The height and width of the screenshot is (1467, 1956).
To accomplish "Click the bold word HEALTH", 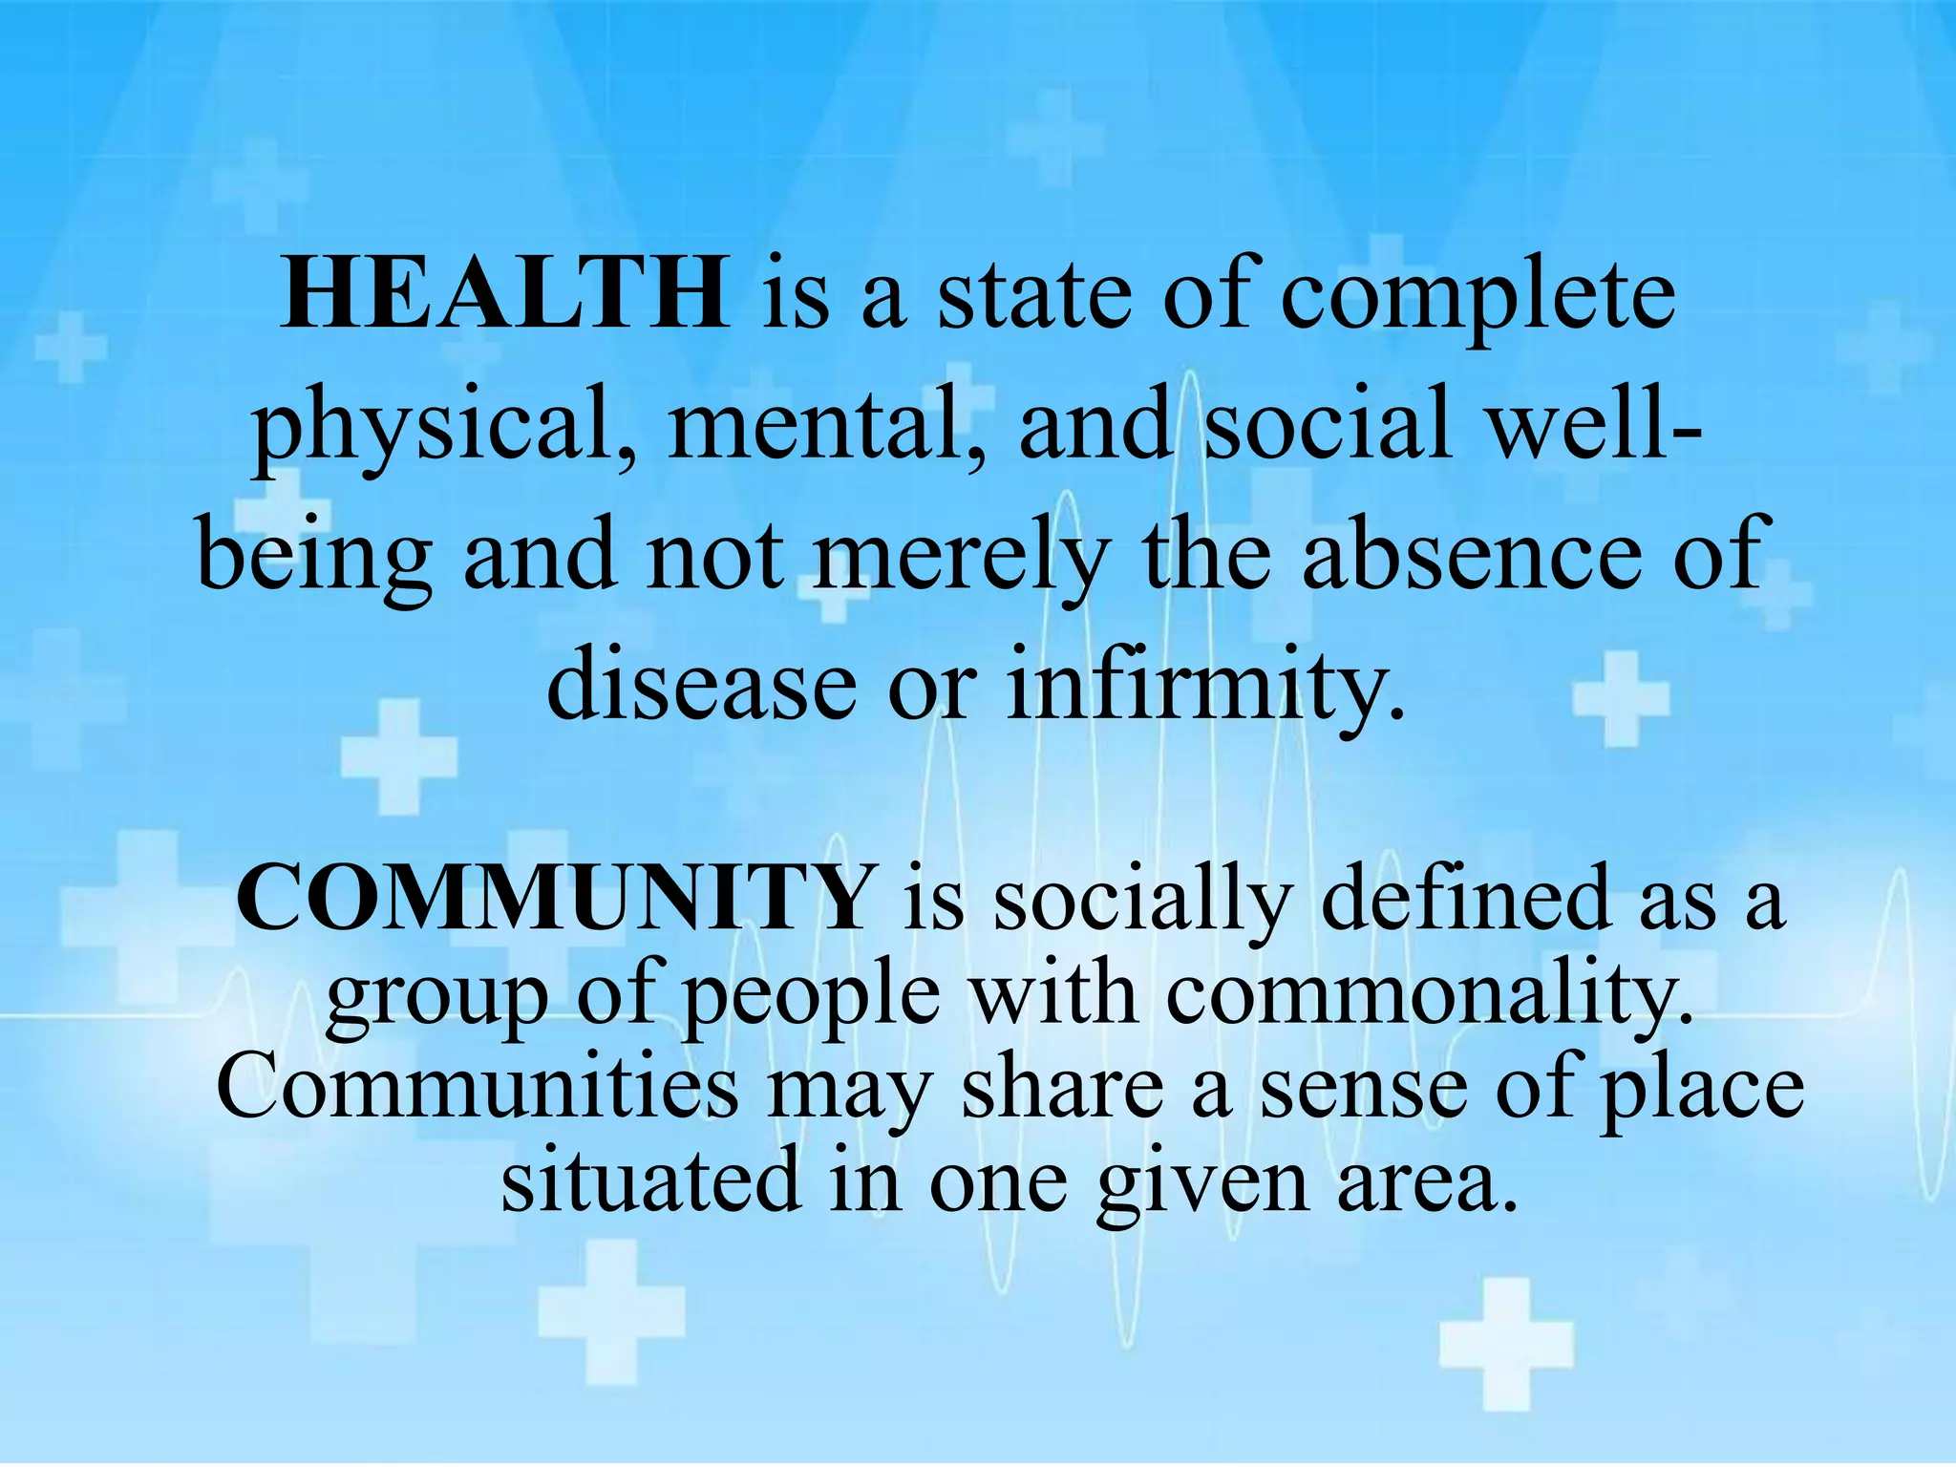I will click(x=504, y=292).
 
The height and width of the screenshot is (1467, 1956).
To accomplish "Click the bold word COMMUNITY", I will click(x=554, y=898).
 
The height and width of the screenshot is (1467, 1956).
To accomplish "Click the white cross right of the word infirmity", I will click(x=1621, y=698).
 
